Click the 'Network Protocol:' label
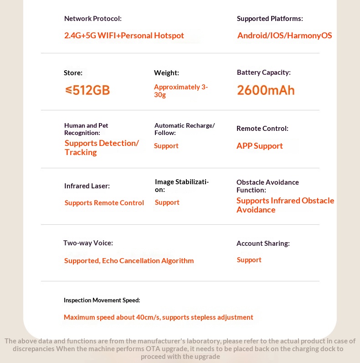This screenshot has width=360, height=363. point(93,19)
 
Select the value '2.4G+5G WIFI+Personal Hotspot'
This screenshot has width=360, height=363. point(124,36)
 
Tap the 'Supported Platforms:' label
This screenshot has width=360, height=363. point(270,19)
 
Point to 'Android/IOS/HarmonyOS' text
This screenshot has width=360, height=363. point(284,36)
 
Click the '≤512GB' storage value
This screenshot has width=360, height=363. point(87,90)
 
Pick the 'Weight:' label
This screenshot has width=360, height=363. point(166,73)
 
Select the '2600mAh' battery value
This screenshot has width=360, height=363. point(266,90)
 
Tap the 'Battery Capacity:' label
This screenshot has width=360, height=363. point(263,73)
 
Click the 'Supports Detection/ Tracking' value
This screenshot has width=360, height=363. point(101,148)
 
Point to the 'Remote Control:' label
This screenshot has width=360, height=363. point(262,129)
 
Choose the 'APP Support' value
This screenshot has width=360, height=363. point(259,146)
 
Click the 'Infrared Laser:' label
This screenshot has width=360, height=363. point(87,186)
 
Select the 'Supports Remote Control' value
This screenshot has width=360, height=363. point(104,203)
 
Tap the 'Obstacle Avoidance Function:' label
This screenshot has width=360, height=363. point(267,186)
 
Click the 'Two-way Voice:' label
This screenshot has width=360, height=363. point(88,243)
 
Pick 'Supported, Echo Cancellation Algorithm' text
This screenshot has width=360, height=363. point(129,261)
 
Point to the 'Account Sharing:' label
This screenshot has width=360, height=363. point(263,244)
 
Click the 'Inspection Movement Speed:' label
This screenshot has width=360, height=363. point(102,300)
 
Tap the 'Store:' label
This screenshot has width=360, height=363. point(73,73)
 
